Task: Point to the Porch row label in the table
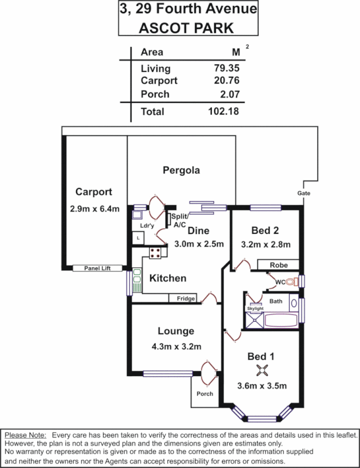click(155, 94)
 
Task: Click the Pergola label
click(181, 171)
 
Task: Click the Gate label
click(303, 193)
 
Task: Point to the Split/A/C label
click(179, 220)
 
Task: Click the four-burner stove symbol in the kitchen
click(156, 253)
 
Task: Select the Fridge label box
click(186, 299)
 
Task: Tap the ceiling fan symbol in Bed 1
click(262, 370)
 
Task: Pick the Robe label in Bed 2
click(279, 265)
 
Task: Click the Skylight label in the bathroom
click(256, 308)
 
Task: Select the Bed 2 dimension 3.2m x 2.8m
click(267, 245)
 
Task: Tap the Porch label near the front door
click(204, 393)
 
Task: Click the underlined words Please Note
click(26, 435)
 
